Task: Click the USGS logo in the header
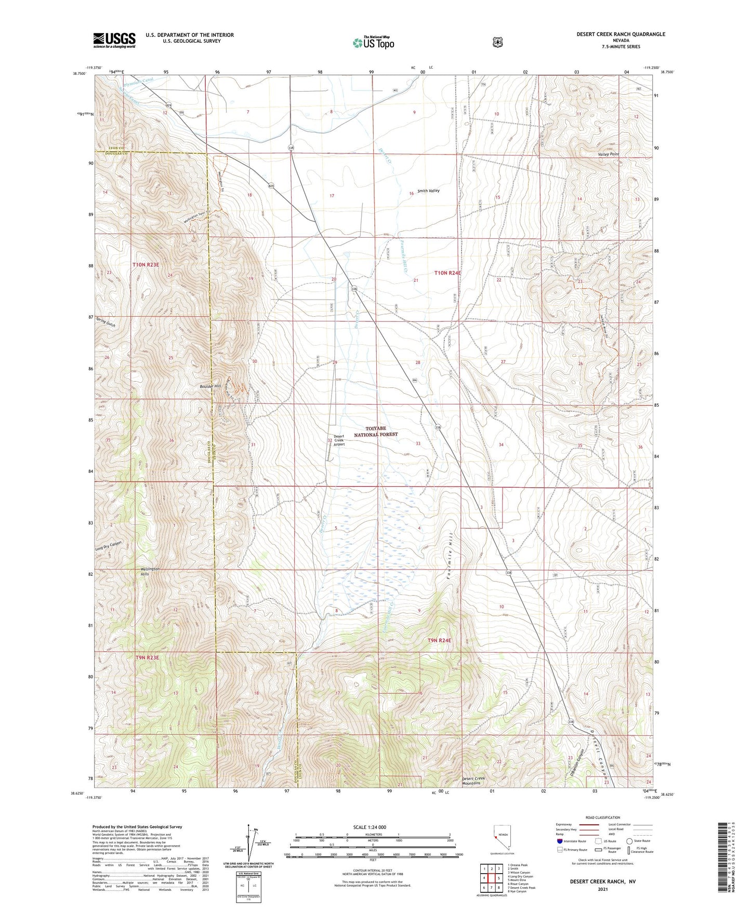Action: pyautogui.click(x=114, y=40)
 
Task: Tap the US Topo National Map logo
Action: pyautogui.click(x=373, y=42)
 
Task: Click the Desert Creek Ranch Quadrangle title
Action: pyautogui.click(x=621, y=34)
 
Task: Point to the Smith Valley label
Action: pyautogui.click(x=428, y=191)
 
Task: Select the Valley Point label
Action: pyautogui.click(x=609, y=154)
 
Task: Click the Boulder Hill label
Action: pyautogui.click(x=210, y=386)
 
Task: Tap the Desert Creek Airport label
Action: pyautogui.click(x=339, y=440)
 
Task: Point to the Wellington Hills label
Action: pyautogui.click(x=150, y=572)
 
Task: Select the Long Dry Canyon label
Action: pyautogui.click(x=109, y=546)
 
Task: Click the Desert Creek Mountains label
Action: pyautogui.click(x=473, y=781)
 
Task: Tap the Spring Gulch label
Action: pyautogui.click(x=106, y=322)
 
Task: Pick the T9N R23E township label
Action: pyautogui.click(x=147, y=658)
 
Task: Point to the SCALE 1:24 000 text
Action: pyautogui.click(x=370, y=827)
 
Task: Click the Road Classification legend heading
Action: pyautogui.click(x=602, y=818)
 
